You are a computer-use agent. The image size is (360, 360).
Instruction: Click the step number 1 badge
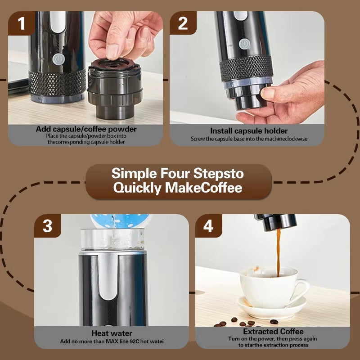point(22,23)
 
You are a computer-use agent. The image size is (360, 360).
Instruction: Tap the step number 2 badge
point(183,23)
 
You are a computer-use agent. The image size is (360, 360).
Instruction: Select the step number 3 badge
point(48,226)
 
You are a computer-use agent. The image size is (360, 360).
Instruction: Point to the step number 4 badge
point(208,226)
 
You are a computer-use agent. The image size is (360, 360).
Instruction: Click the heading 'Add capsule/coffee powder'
point(86,129)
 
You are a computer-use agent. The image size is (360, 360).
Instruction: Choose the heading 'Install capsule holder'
point(249,131)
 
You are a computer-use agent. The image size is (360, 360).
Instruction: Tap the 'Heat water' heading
point(112,333)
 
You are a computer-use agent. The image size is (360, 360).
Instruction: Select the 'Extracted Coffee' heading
point(273,332)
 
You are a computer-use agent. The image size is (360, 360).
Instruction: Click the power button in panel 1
point(58,58)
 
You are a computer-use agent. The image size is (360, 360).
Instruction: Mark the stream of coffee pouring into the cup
point(278,250)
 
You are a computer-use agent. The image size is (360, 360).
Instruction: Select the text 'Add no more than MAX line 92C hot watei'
point(112,342)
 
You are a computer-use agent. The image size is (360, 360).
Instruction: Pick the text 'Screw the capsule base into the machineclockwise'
point(249,139)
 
